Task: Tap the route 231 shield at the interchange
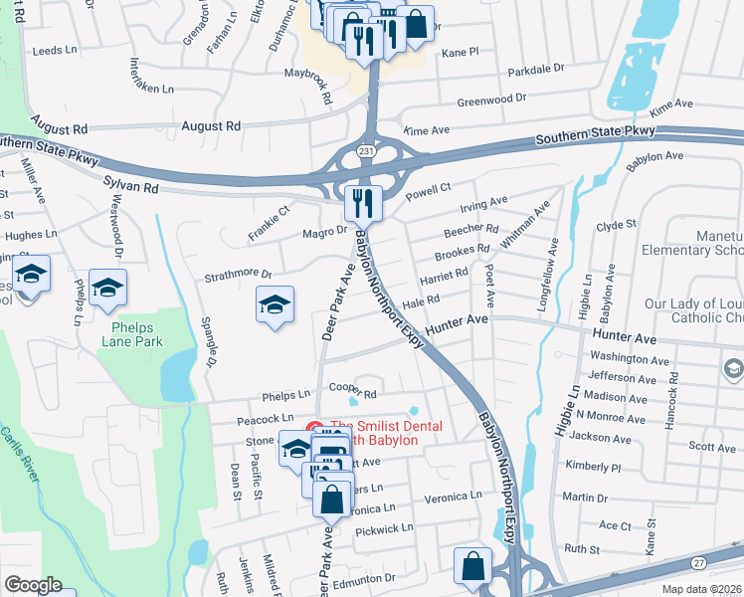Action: pos(366,150)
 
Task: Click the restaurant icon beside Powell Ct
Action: pos(363,203)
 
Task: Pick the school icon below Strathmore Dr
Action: pos(276,304)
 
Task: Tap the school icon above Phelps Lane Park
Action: pos(107,288)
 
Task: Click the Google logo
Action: pos(33,585)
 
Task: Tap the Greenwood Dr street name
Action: pos(490,100)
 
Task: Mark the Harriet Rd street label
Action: pos(444,280)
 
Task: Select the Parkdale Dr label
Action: pos(535,71)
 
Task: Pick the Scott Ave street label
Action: pos(712,448)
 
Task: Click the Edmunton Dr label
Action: pos(364,577)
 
